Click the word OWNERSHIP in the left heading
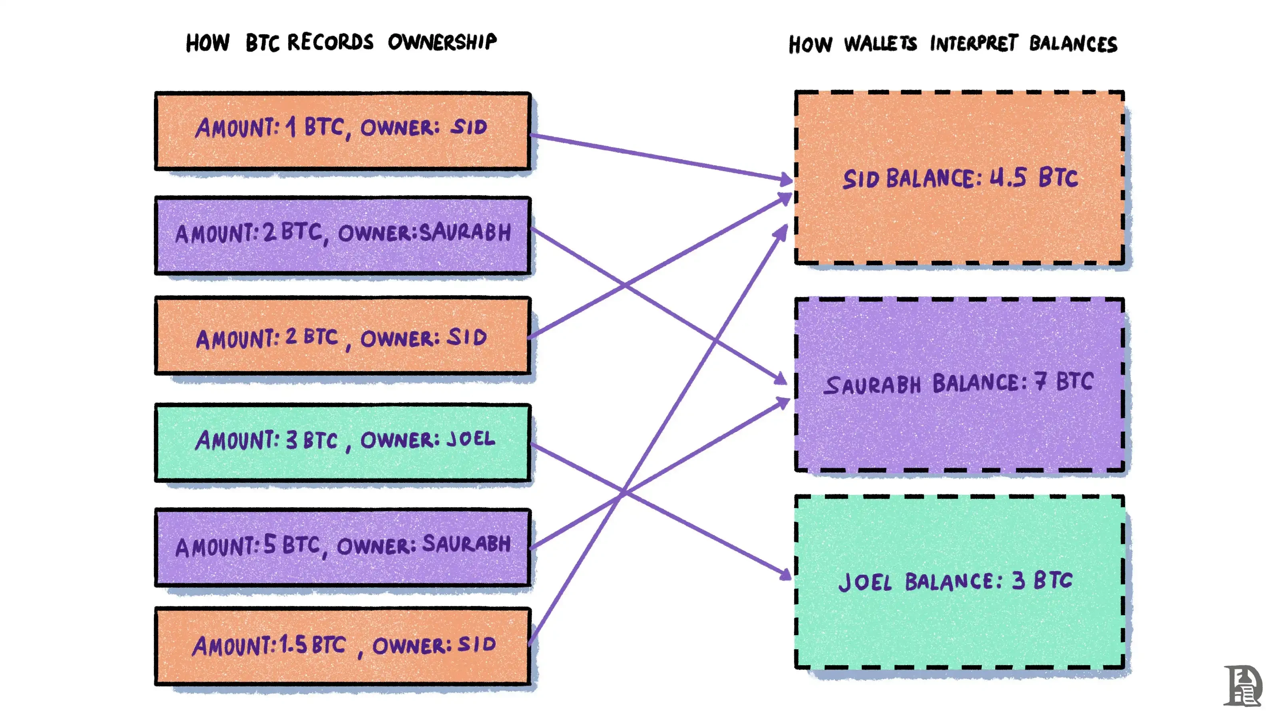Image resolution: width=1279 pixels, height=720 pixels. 442,42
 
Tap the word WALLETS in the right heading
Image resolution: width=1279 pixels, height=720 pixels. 880,44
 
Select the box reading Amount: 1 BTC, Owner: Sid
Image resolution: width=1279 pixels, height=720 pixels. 343,131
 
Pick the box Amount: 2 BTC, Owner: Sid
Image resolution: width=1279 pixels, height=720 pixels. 343,336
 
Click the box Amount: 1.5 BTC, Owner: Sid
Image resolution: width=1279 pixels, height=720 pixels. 343,646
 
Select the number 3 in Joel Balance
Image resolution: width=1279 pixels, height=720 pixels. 1018,580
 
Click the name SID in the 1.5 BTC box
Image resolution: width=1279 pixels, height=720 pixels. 477,644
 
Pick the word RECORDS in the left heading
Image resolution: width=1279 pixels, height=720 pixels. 330,42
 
